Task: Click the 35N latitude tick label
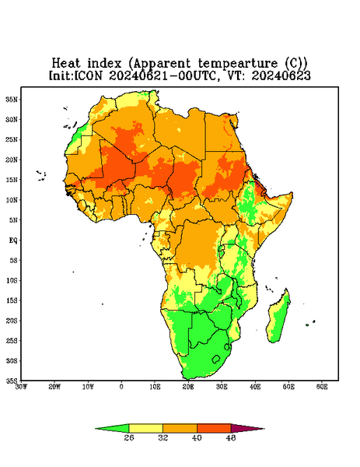12,100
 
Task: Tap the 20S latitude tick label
12,321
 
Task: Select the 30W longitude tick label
21,387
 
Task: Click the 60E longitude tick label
322,387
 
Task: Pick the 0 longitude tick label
121,387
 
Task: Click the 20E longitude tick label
188,387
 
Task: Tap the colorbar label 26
129,437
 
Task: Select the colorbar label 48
231,437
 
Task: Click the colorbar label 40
197,437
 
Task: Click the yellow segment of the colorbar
145,428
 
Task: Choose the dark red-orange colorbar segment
214,428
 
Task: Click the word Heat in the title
66,63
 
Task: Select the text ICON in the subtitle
88,75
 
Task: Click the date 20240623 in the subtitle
281,75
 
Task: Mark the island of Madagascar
279,318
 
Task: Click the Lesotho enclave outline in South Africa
216,359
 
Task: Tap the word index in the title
104,63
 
